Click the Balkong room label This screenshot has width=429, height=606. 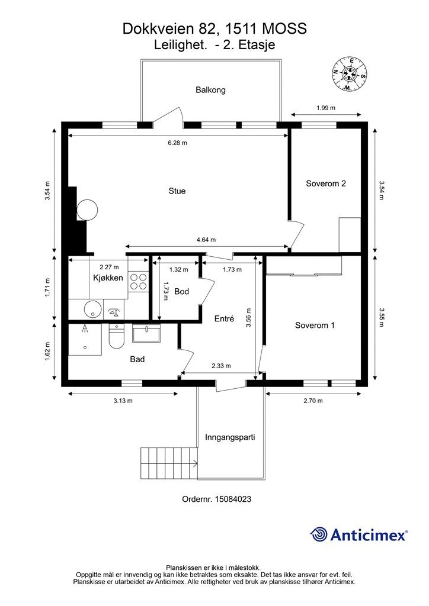[x=210, y=90]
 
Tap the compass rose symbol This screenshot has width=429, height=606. [x=349, y=73]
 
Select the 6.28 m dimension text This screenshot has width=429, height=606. [x=178, y=143]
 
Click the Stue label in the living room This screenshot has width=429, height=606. [x=177, y=191]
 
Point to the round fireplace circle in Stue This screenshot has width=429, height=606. [x=87, y=210]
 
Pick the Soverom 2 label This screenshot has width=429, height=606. [x=326, y=183]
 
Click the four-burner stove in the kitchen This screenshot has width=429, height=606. [x=138, y=281]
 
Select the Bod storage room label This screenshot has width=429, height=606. [x=181, y=291]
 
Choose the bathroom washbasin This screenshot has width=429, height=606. [x=146, y=333]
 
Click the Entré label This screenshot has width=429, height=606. [x=224, y=319]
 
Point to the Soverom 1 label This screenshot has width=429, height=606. [x=315, y=325]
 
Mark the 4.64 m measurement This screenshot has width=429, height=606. [x=206, y=240]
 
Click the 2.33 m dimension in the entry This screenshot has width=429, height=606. [x=221, y=366]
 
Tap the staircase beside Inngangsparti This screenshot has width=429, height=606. [x=169, y=463]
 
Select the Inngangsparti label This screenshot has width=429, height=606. [x=230, y=437]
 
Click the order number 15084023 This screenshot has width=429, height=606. [x=233, y=499]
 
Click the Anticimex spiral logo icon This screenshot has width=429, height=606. [x=319, y=534]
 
